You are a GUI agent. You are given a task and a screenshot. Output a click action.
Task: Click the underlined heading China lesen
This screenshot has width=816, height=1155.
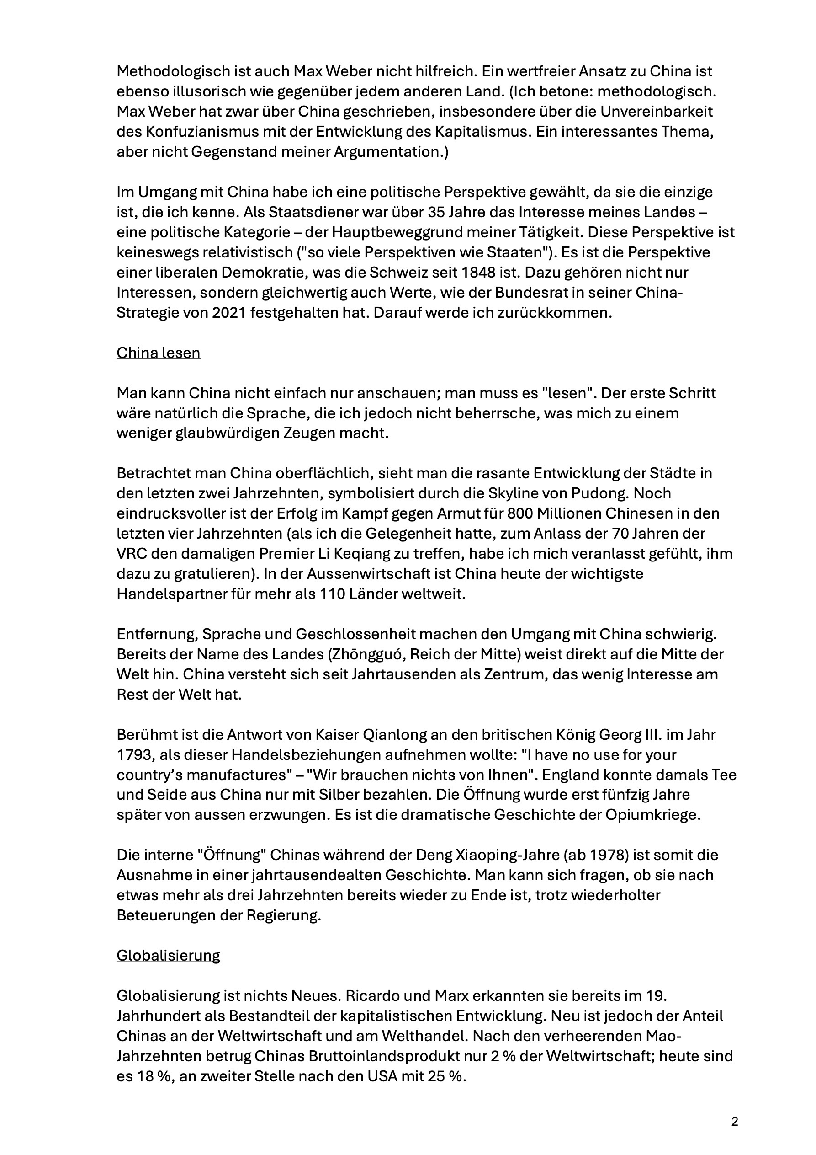(x=159, y=353)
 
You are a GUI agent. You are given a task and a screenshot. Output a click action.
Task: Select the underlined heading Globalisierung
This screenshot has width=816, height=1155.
(x=169, y=955)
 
